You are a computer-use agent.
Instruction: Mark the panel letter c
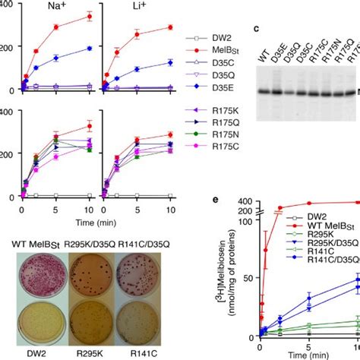coord(254,29)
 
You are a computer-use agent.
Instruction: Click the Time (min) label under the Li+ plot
coord(123,216)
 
